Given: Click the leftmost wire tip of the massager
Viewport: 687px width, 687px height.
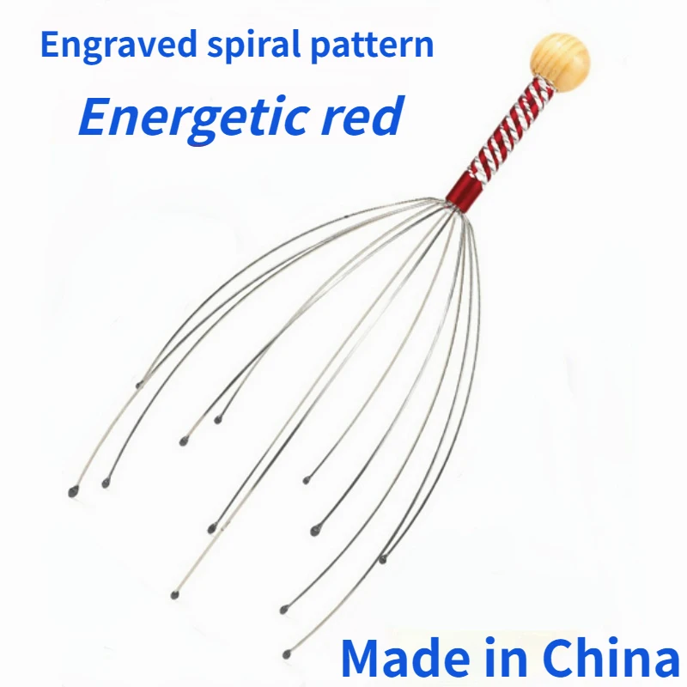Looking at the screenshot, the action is coord(72,492).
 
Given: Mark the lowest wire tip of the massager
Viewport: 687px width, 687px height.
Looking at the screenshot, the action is coord(287,654).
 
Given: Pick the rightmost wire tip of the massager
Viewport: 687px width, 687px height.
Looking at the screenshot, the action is coord(383,560).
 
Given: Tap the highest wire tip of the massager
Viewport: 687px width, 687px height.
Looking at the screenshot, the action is coord(140,386).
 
